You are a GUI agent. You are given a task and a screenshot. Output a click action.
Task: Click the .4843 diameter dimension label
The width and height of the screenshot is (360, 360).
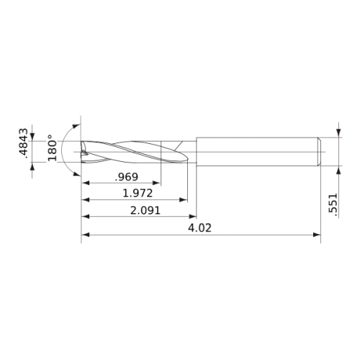pyautogui.click(x=24, y=143)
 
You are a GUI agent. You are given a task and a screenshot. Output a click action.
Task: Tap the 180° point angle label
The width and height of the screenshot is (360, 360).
pyautogui.click(x=52, y=148)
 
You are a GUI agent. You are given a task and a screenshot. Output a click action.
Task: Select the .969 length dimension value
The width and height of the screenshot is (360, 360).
pyautogui.click(x=127, y=177)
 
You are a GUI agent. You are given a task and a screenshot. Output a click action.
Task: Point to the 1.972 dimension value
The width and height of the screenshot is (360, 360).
pyautogui.click(x=138, y=193)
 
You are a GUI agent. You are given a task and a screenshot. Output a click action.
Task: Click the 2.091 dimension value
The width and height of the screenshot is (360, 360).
pyautogui.click(x=145, y=210)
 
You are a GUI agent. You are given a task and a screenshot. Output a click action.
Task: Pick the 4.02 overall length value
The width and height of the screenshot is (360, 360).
pyautogui.click(x=199, y=228)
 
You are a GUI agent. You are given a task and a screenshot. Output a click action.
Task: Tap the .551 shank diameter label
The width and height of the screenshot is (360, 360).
pyautogui.click(x=333, y=203)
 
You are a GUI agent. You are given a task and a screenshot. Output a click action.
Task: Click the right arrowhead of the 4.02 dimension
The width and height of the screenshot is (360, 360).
pyautogui.click(x=317, y=235)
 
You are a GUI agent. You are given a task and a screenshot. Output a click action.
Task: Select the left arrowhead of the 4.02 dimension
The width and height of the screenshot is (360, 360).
pyautogui.click(x=85, y=235)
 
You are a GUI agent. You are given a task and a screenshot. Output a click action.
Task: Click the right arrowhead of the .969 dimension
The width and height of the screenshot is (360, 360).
pyautogui.click(x=157, y=183)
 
